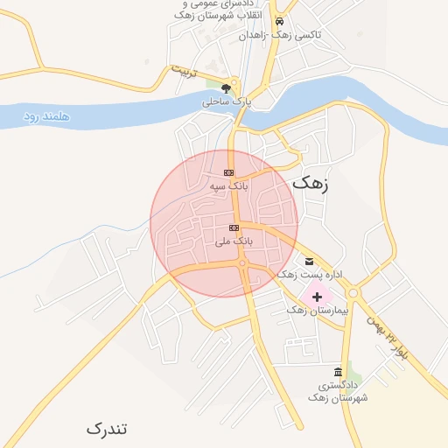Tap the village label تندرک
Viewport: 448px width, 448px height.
[x=107, y=429]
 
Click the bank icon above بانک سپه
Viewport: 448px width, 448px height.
[x=229, y=172]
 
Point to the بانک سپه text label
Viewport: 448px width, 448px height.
[x=229, y=186]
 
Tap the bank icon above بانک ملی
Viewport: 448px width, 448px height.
[x=234, y=227]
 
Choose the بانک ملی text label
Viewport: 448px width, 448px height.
[x=234, y=241]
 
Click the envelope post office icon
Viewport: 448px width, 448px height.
[x=309, y=262]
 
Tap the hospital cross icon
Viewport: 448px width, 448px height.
[x=317, y=297]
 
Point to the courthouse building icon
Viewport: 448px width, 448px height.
[x=338, y=372]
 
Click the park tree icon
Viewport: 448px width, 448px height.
[x=227, y=87]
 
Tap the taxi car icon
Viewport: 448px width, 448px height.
[x=279, y=22]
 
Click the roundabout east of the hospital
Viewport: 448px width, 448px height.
[x=354, y=292]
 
